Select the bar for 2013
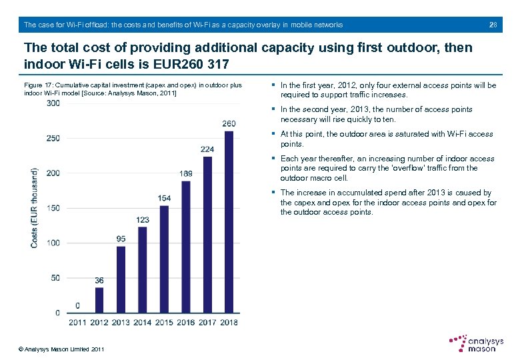[121, 279]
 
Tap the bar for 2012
[99, 300]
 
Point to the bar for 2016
[186, 247]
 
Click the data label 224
[207, 149]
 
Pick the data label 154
[164, 198]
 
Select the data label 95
[121, 239]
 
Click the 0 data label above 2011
[78, 305]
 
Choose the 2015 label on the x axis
[164, 323]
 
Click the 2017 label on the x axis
[207, 323]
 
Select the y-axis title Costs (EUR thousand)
[34, 207]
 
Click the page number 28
[493, 25]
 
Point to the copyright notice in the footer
[61, 349]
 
